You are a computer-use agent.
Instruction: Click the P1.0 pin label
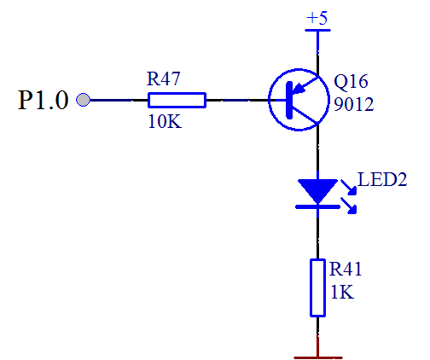pyautogui.click(x=44, y=100)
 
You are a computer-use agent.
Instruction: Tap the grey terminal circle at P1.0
pyautogui.click(x=83, y=100)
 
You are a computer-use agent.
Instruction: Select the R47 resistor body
pyautogui.click(x=177, y=100)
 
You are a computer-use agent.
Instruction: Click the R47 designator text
pyautogui.click(x=164, y=78)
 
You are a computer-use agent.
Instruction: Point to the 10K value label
pyautogui.click(x=165, y=122)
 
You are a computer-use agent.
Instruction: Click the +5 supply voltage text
pyautogui.click(x=317, y=18)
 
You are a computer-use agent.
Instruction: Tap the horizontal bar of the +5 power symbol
pyautogui.click(x=317, y=30)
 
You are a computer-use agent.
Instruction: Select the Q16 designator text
pyautogui.click(x=351, y=82)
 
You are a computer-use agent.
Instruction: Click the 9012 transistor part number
pyautogui.click(x=353, y=104)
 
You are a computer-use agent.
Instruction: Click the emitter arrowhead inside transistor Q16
pyautogui.click(x=299, y=89)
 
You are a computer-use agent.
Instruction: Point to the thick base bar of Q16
pyautogui.click(x=289, y=100)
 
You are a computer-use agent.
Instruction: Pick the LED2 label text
pyautogui.click(x=382, y=179)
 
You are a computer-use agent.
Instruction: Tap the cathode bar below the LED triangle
pyautogui.click(x=317, y=206)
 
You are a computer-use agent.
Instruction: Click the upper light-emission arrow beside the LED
pyautogui.click(x=349, y=188)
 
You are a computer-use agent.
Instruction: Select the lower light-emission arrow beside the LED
pyautogui.click(x=349, y=206)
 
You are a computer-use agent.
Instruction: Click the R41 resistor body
pyautogui.click(x=317, y=287)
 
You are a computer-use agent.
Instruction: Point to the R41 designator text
pyautogui.click(x=346, y=269)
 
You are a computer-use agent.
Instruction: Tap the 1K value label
pyautogui.click(x=342, y=292)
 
